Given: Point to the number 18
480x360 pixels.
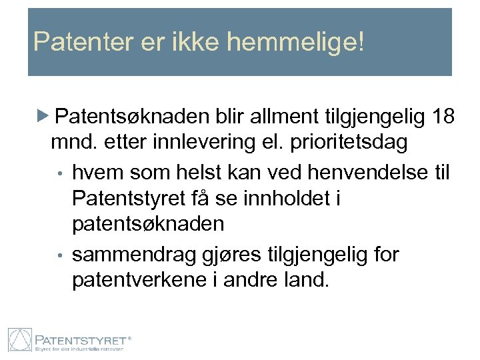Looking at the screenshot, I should point(443,117).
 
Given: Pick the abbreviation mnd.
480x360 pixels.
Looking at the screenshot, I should point(71,143).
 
